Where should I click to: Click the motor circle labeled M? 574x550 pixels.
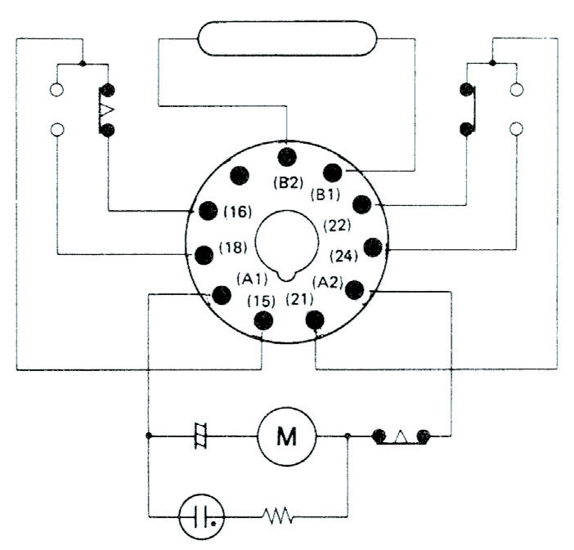tap(286, 437)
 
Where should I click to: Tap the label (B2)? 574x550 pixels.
tap(289, 184)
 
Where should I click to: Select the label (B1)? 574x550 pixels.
tap(326, 196)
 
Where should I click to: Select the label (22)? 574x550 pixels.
tap(336, 224)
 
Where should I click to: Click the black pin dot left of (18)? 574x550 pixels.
tap(204, 253)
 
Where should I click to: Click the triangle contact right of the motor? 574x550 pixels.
tap(401, 436)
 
